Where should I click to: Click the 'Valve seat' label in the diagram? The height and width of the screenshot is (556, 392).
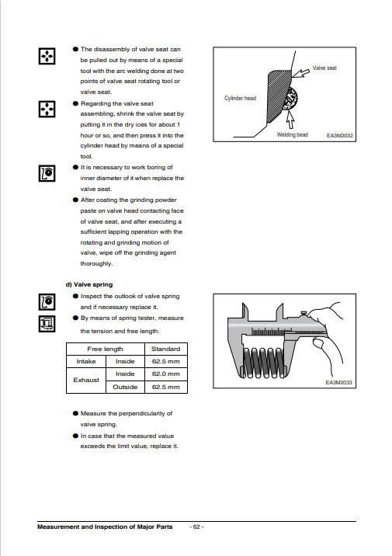[x=324, y=68]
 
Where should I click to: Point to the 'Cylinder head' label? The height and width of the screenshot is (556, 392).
[x=240, y=98]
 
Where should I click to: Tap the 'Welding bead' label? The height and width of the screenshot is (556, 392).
[x=293, y=135]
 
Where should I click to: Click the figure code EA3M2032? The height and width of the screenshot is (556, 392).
[x=339, y=135]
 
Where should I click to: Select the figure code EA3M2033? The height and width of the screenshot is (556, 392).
[x=339, y=383]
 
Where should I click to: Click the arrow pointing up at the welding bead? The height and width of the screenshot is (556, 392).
[x=290, y=120]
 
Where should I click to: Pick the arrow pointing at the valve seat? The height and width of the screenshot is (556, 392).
[x=300, y=72]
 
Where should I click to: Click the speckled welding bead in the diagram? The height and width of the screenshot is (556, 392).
[x=290, y=98]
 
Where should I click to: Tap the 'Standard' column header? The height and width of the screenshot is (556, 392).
[x=166, y=349]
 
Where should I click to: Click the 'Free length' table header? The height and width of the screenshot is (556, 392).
[x=106, y=349]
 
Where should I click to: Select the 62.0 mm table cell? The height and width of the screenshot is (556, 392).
[x=166, y=374]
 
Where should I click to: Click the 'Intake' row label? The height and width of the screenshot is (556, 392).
[x=86, y=361]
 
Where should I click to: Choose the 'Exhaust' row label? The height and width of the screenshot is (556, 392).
[x=86, y=381]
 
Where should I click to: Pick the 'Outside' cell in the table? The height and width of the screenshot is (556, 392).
[x=125, y=387]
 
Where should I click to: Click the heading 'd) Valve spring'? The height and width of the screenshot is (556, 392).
[x=89, y=284]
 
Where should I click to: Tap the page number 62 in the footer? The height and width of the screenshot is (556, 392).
[x=196, y=527]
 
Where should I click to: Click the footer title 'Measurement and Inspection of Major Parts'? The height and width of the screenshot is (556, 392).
[x=105, y=527]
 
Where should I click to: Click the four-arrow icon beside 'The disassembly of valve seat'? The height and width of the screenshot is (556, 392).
[x=47, y=56]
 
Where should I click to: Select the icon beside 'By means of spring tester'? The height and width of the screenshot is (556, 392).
[x=47, y=324]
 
